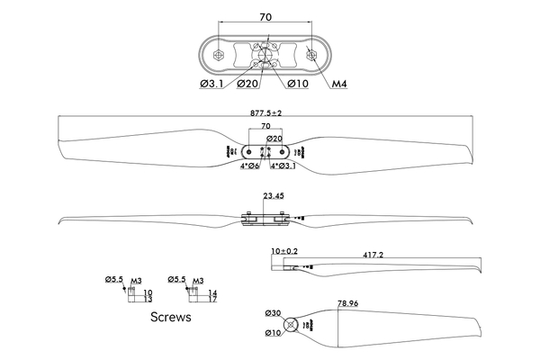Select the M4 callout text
(339, 85)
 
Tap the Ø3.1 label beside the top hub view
(213, 85)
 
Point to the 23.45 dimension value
(274, 195)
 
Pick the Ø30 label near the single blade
(274, 313)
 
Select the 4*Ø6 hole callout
(249, 166)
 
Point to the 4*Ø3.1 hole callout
(284, 166)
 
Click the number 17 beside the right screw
(212, 300)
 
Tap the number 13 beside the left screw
(148, 300)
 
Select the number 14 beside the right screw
(212, 292)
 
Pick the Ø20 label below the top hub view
(249, 85)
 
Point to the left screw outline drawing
(135, 294)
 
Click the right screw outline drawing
(198, 294)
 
